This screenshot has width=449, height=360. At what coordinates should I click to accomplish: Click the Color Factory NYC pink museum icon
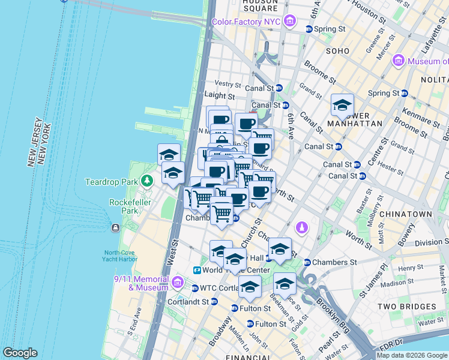(290, 22)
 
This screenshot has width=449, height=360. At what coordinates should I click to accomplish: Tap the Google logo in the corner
(20, 353)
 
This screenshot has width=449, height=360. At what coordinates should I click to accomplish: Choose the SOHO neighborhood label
(337, 52)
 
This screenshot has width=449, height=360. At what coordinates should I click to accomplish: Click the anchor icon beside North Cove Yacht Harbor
(115, 228)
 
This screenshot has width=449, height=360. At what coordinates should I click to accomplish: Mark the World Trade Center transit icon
(196, 271)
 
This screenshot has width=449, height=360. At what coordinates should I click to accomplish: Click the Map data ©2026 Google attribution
(412, 355)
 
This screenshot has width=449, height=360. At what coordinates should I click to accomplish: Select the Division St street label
(429, 243)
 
